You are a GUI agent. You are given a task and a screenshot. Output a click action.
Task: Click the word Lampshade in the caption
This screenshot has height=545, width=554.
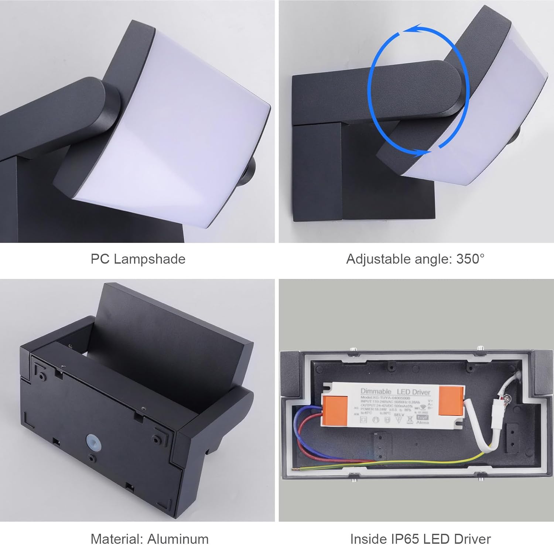tap(150, 259)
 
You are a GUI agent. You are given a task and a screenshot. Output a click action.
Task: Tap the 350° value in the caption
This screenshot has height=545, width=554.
tap(470, 259)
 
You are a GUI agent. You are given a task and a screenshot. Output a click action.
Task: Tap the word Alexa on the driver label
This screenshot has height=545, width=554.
tap(422, 422)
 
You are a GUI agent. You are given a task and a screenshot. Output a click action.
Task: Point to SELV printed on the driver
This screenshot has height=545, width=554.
tap(399, 415)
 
